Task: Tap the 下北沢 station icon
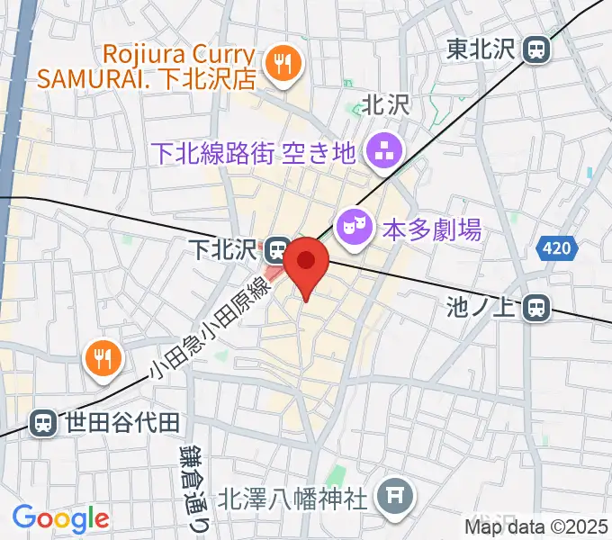coord(278,246)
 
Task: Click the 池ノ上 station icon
coord(536,309)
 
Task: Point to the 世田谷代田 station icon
coord(42,420)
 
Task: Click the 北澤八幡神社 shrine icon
coord(392,494)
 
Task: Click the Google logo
coord(60,518)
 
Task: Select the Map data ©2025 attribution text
coord(536,526)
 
